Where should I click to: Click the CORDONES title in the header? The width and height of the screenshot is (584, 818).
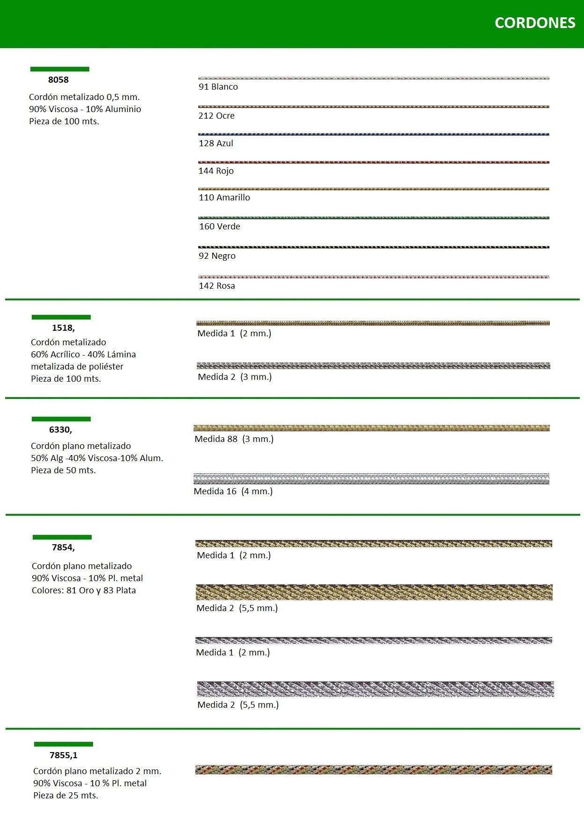tap(534, 23)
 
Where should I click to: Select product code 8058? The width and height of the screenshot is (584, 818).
tap(58, 80)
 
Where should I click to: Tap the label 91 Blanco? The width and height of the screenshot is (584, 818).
tap(218, 87)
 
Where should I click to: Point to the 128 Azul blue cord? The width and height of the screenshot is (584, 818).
tap(374, 135)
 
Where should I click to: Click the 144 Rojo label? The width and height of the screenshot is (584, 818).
tap(216, 171)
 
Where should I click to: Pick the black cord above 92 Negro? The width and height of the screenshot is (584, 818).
tap(374, 247)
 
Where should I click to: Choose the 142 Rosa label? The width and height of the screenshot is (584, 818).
tap(217, 286)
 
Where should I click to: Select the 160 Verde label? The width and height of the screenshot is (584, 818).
tap(220, 227)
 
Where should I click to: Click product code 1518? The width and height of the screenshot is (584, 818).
tap(63, 328)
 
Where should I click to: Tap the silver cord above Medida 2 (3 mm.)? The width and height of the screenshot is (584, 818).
tap(374, 366)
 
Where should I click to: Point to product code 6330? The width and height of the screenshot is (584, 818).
tap(60, 430)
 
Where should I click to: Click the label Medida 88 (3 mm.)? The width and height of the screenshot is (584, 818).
tap(234, 439)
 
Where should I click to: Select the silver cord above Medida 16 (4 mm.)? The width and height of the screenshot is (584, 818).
tap(372, 479)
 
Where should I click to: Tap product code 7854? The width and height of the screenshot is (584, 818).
tap(63, 548)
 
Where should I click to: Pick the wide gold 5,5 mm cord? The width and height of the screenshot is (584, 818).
tap(374, 592)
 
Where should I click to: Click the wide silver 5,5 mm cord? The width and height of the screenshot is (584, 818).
tap(375, 690)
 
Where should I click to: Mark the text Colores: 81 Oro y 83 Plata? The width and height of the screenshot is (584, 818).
tap(84, 590)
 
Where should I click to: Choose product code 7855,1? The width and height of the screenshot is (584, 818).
tap(64, 755)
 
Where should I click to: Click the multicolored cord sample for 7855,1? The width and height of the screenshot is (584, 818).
tap(374, 770)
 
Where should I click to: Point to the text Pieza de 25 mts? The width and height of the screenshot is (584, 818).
tap(65, 796)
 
